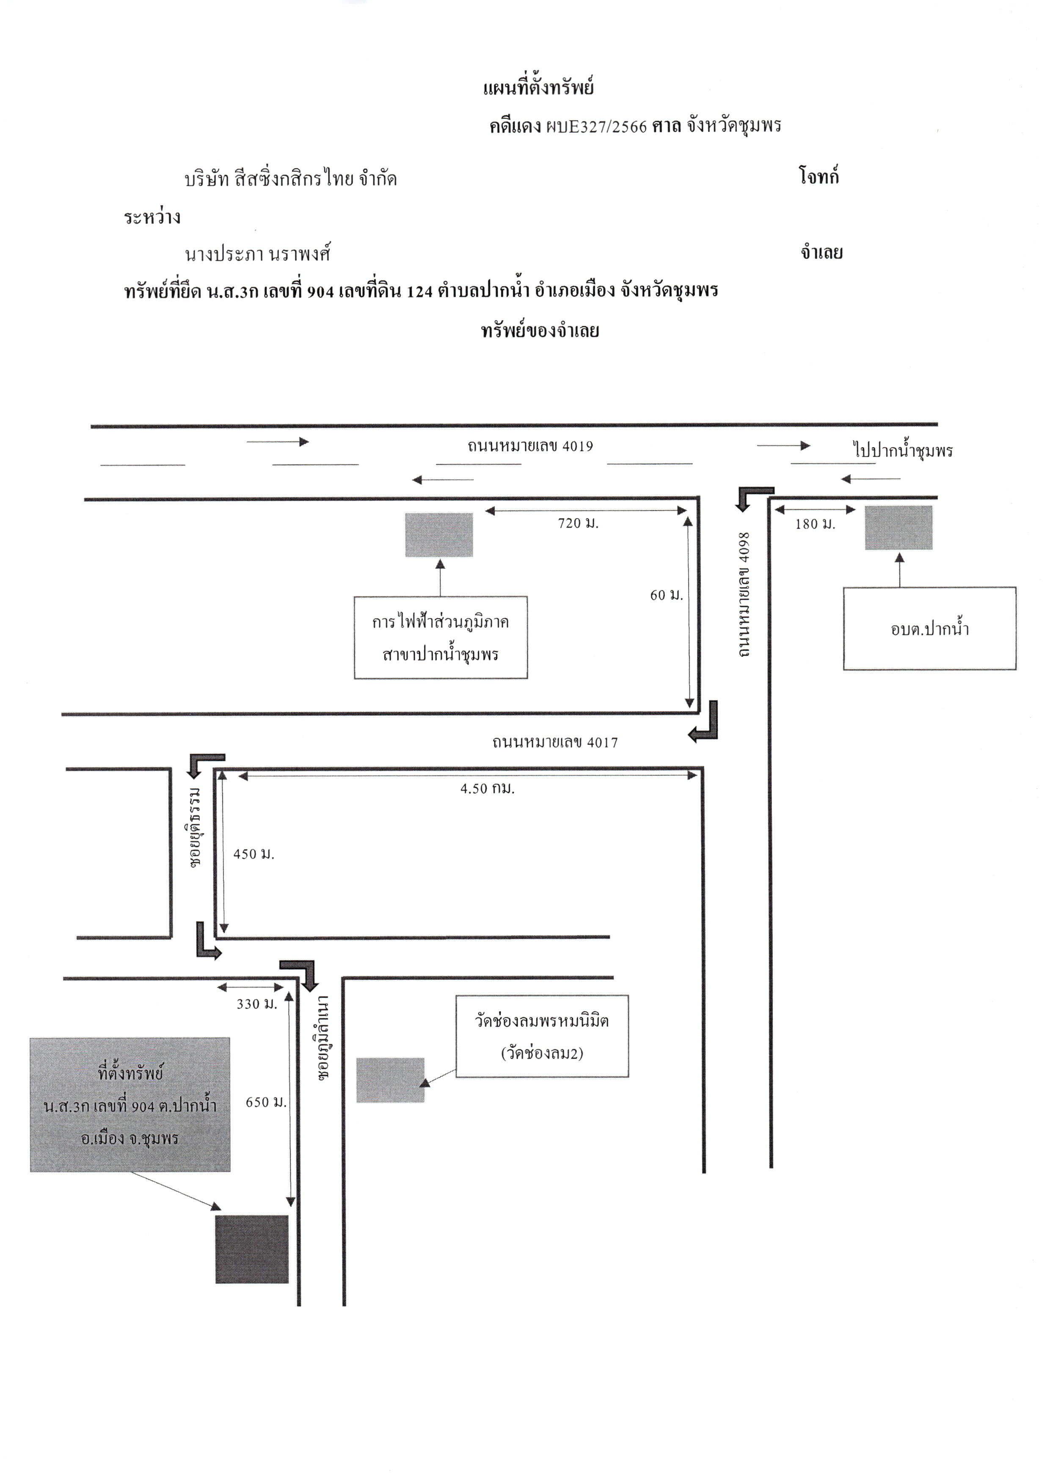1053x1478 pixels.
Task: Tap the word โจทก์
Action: click(x=819, y=176)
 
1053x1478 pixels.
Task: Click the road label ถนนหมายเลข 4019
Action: click(x=530, y=446)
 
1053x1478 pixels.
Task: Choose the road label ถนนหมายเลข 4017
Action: click(x=555, y=742)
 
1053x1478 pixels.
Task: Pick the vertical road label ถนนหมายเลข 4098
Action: click(x=744, y=594)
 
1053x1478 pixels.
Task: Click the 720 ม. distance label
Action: click(x=579, y=523)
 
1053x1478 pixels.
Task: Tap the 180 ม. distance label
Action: click(x=816, y=524)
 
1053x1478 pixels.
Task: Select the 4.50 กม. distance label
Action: click(x=488, y=788)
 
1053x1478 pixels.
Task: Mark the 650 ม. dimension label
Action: click(x=266, y=1102)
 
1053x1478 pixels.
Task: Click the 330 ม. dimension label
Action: click(x=257, y=1004)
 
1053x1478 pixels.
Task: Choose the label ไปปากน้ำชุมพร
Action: click(x=903, y=450)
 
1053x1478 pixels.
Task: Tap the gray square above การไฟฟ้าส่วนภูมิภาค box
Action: click(x=439, y=535)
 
